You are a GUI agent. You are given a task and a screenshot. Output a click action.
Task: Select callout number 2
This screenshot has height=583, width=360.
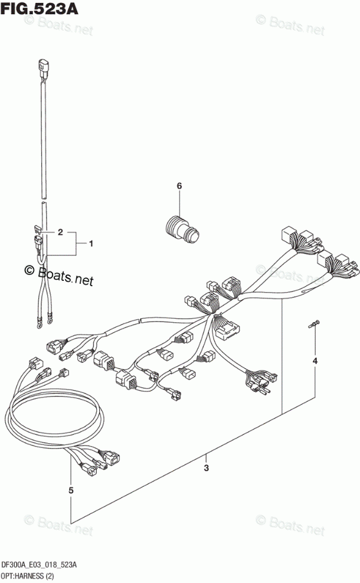click(60, 232)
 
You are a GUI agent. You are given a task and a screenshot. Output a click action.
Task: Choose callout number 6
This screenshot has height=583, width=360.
click(179, 187)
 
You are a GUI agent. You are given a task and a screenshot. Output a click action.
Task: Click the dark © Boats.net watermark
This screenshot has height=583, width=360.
click(59, 274)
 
